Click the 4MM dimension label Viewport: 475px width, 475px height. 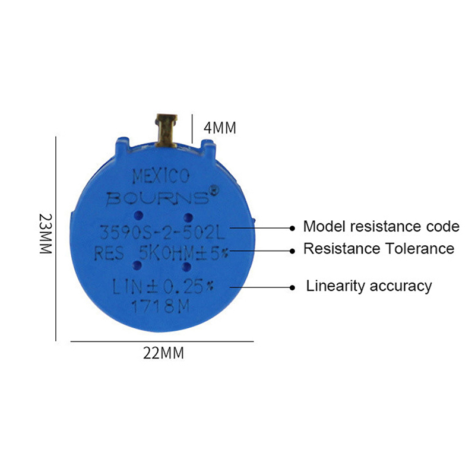(x=220, y=128)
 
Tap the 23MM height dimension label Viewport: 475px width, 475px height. (x=46, y=233)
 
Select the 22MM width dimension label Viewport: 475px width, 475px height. (x=164, y=353)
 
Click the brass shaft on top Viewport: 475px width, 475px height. (x=166, y=131)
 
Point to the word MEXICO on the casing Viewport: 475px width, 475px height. (x=161, y=176)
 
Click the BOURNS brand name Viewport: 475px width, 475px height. (x=157, y=198)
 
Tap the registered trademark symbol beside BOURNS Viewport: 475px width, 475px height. (x=214, y=190)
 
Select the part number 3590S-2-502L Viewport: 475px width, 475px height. (x=163, y=233)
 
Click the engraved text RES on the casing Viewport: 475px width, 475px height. (x=109, y=254)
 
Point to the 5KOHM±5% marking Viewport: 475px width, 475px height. (x=183, y=254)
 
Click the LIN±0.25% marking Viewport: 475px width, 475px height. (x=163, y=287)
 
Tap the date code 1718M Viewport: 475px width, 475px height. (x=160, y=306)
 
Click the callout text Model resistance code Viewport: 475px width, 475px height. (x=381, y=226)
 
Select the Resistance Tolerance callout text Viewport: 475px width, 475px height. (x=379, y=249)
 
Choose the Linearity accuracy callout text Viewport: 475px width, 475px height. (x=369, y=286)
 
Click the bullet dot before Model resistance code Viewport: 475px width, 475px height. (x=292, y=228)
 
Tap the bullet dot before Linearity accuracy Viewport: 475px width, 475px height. (x=292, y=287)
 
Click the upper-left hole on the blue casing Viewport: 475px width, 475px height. (x=138, y=216)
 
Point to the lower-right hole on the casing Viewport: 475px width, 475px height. (x=187, y=267)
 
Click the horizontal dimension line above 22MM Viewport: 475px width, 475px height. (x=162, y=341)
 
